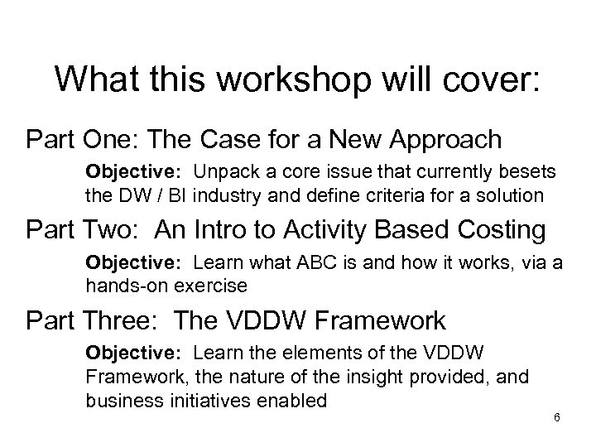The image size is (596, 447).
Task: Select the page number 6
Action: point(557,416)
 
